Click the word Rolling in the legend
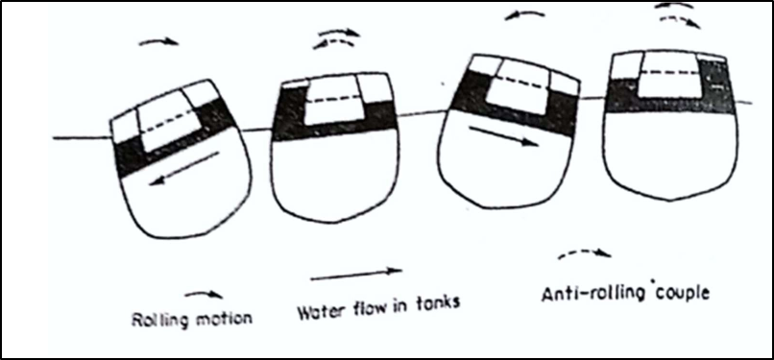[153, 321]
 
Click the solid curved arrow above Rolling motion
[204, 295]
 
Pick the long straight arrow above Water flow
[356, 275]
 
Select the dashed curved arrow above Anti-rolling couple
[585, 252]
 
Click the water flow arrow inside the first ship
[184, 168]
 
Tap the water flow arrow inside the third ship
[503, 135]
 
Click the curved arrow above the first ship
[158, 42]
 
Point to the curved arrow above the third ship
[524, 15]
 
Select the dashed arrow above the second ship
[333, 43]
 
